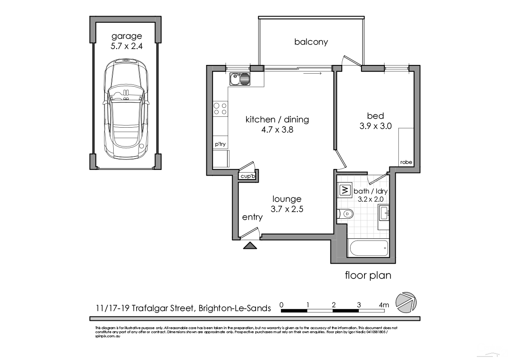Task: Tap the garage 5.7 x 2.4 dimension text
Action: tap(126, 45)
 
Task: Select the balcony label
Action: tap(311, 42)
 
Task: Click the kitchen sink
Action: tap(240, 80)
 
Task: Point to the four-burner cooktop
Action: tap(220, 109)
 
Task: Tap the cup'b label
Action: tap(247, 176)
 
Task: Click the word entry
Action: tap(252, 217)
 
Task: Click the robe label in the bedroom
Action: tap(406, 162)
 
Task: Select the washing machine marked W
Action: tap(344, 190)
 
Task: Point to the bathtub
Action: tap(368, 248)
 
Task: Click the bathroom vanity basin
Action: tap(385, 214)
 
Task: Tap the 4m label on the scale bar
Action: tap(384, 305)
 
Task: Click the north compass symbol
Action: tap(406, 302)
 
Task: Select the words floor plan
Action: tap(368, 275)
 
